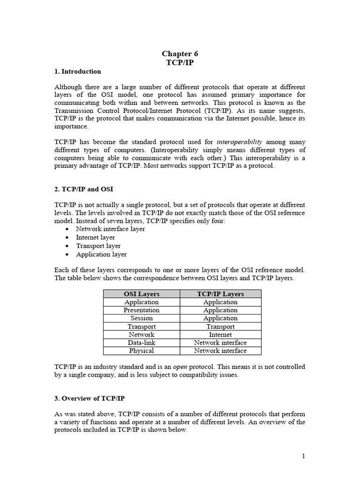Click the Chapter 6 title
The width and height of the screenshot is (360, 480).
tap(180, 54)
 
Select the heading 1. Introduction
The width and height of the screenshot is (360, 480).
tap(77, 72)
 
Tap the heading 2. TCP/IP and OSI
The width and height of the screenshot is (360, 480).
tap(84, 189)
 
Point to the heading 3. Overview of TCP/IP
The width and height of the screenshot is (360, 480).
tap(89, 398)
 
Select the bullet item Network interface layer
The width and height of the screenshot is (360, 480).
tap(110, 229)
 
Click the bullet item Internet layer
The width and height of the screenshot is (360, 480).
tap(95, 237)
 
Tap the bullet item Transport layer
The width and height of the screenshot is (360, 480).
tap(98, 246)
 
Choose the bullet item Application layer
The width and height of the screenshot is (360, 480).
tap(101, 254)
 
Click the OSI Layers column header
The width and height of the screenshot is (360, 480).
tap(142, 294)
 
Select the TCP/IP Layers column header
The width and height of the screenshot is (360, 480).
tap(220, 294)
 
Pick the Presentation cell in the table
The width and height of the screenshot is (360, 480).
tap(142, 310)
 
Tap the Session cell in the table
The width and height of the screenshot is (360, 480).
tap(142, 318)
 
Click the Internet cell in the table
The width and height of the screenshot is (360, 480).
tap(220, 335)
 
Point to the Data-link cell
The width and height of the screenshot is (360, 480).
tap(142, 343)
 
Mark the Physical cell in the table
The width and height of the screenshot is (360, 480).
tap(142, 351)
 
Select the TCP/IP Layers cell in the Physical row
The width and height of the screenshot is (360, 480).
tap(220, 351)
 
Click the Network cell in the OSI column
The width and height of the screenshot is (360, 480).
tap(142, 335)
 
